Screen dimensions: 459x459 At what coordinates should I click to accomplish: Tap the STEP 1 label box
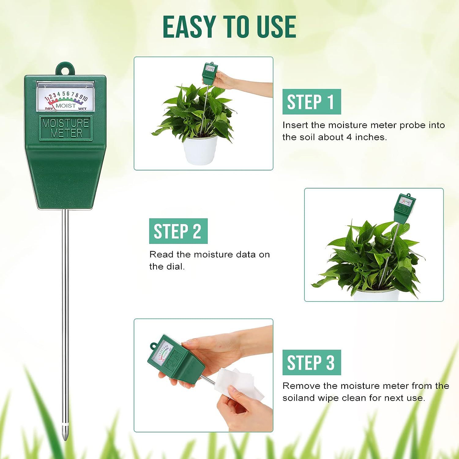click(x=311, y=102)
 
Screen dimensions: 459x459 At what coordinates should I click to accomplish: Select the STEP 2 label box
click(x=178, y=231)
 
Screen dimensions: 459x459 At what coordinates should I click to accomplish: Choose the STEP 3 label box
click(x=311, y=363)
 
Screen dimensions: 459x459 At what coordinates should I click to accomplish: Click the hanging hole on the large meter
click(x=65, y=69)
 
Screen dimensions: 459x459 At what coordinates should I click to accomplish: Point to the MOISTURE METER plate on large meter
click(x=65, y=128)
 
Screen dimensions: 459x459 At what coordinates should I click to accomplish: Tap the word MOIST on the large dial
click(x=65, y=106)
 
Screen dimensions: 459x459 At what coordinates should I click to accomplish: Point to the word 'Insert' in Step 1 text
click(x=295, y=125)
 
